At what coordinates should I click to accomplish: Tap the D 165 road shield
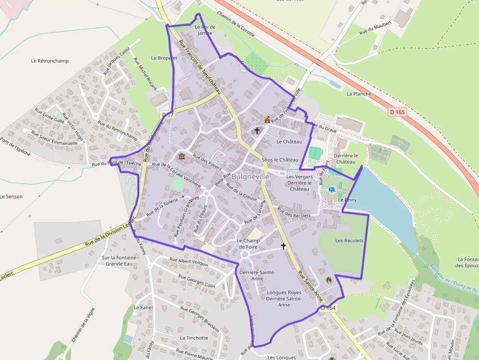tap(398, 112)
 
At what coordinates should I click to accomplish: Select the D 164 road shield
tap(328, 308)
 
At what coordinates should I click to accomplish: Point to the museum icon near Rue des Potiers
tap(182, 156)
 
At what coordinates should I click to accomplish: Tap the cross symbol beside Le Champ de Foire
tap(283, 246)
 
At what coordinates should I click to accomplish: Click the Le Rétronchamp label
tap(50, 61)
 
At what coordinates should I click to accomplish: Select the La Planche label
tap(359, 94)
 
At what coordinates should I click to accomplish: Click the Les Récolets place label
tap(349, 240)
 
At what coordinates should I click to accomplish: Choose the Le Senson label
tap(11, 196)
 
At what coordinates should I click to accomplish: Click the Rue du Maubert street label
tap(375, 27)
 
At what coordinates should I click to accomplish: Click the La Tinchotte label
tap(194, 338)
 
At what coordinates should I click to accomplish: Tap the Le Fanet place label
tap(143, 308)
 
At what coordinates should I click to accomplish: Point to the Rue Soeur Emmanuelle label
tap(54, 138)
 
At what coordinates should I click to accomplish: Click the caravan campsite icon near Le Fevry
tap(332, 189)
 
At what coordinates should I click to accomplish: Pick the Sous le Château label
tap(280, 160)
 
